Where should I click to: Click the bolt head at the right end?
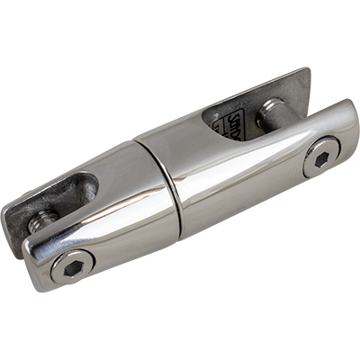point(320,157)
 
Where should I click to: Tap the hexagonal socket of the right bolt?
point(321,157)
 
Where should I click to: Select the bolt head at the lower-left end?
point(73,267)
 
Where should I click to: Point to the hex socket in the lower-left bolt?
point(73,268)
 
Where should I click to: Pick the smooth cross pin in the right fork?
point(271,114)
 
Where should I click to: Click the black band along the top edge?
point(180,32)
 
